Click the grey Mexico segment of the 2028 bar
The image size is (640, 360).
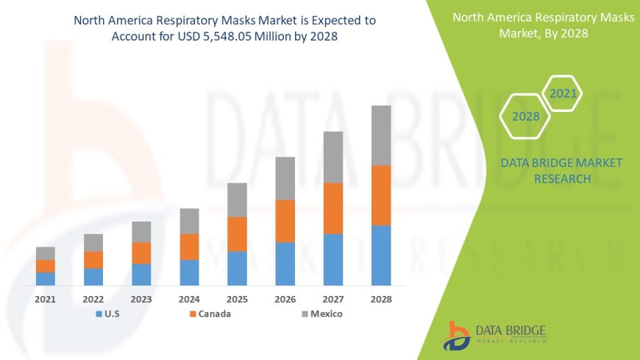click(x=380, y=135)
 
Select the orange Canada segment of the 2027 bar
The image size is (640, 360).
click(x=333, y=208)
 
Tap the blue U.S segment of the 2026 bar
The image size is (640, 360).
click(x=285, y=264)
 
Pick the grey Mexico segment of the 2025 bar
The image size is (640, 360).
click(x=237, y=200)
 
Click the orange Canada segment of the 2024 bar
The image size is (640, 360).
click(x=189, y=247)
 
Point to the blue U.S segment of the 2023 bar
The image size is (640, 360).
click(x=141, y=274)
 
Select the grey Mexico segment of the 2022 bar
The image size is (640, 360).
click(x=93, y=242)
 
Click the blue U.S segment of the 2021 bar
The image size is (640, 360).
click(x=46, y=278)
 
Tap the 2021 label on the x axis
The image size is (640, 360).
click(x=46, y=300)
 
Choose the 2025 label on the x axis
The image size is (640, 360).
click(x=237, y=300)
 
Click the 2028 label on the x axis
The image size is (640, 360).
click(x=380, y=300)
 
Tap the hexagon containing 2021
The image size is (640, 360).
click(x=563, y=93)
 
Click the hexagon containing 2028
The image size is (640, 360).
click(x=526, y=116)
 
